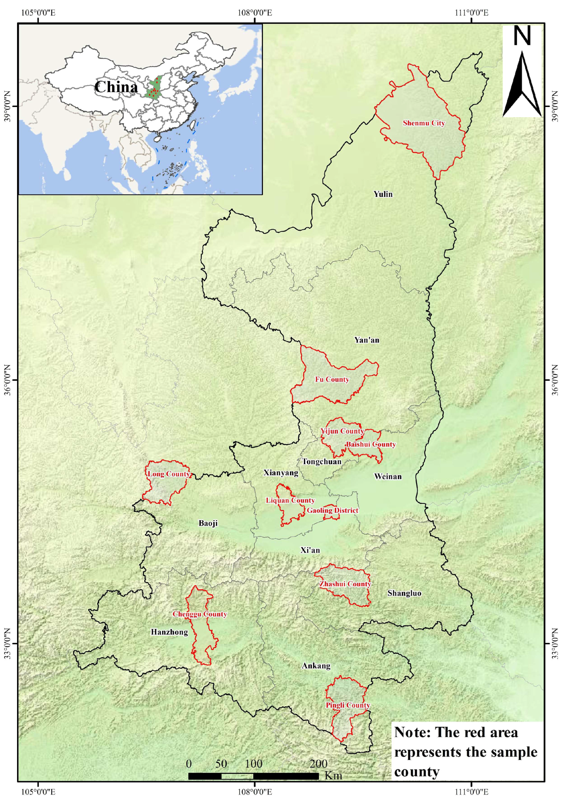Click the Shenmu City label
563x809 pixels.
pyautogui.click(x=423, y=123)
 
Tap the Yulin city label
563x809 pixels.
pyautogui.click(x=383, y=194)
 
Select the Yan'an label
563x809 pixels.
pyautogui.click(x=367, y=340)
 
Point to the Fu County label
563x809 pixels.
pyautogui.click(x=332, y=380)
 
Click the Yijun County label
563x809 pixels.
pyautogui.click(x=342, y=431)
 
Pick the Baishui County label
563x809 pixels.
pyautogui.click(x=371, y=444)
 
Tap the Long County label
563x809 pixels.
pyautogui.click(x=169, y=474)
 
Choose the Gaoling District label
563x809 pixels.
pyautogui.click(x=332, y=510)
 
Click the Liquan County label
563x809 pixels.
pyautogui.click(x=290, y=500)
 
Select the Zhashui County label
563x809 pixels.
pyautogui.click(x=345, y=584)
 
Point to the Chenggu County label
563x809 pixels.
pyautogui.click(x=199, y=614)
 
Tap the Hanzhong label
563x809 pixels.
pyautogui.click(x=169, y=632)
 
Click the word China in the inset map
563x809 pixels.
pyautogui.click(x=116, y=87)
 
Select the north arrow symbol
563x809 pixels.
pyautogui.click(x=522, y=84)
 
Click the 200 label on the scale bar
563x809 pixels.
pyautogui.click(x=318, y=763)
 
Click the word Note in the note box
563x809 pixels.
pyautogui.click(x=412, y=732)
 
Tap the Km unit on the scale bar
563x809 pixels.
pyautogui.click(x=333, y=775)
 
